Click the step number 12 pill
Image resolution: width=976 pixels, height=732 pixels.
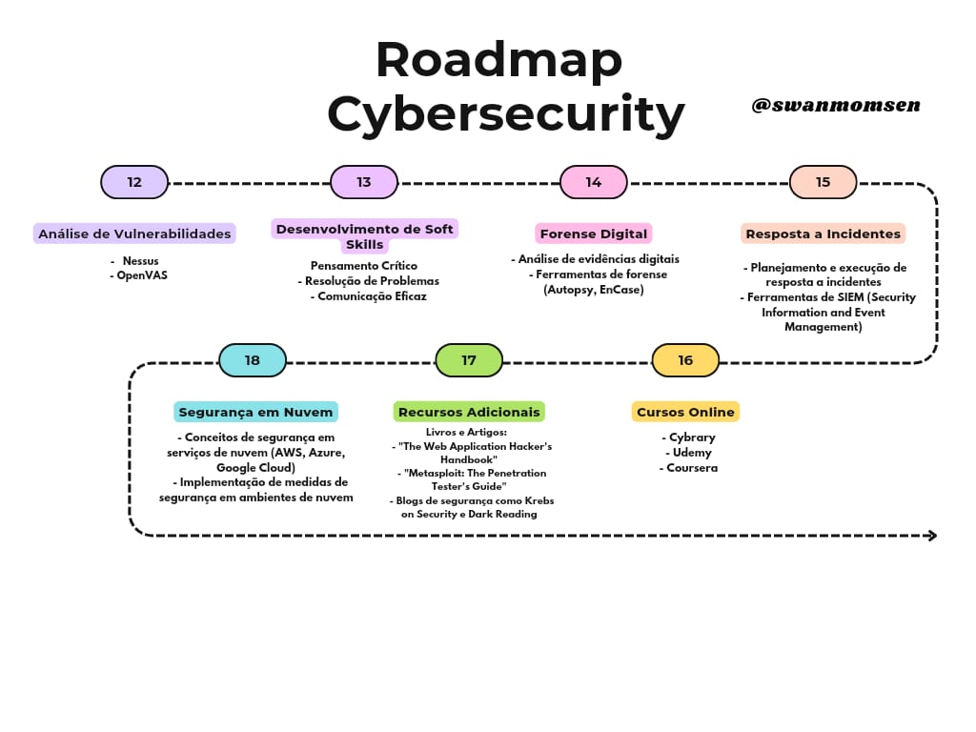[x=134, y=182]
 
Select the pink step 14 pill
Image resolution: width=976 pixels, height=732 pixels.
[x=594, y=182]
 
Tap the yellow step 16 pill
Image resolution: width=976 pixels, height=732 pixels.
[x=685, y=360]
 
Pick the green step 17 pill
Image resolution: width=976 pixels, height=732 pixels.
[x=469, y=360]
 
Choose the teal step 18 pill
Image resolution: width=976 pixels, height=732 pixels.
[x=253, y=360]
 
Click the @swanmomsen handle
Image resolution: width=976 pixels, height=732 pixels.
[x=835, y=105]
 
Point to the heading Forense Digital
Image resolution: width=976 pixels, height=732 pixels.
[x=593, y=234]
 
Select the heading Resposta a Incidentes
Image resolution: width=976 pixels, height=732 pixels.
[x=823, y=234]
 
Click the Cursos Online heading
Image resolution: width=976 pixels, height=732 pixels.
[x=685, y=412]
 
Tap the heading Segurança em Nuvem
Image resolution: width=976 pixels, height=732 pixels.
[x=255, y=412]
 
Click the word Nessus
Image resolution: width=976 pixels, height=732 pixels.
[x=140, y=259]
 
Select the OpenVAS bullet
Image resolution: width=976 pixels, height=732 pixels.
[x=141, y=275]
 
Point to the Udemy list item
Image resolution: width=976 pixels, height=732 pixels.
[x=689, y=453]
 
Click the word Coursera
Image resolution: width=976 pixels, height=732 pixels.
[x=689, y=468]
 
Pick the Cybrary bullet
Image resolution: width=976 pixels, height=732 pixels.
[x=689, y=437]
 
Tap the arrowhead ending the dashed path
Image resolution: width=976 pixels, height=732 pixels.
[x=932, y=536]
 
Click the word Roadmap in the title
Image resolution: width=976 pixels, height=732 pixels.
[x=498, y=60]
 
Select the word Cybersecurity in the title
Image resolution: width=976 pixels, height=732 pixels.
[x=506, y=114]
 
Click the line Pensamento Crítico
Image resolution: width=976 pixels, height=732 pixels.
[x=364, y=266]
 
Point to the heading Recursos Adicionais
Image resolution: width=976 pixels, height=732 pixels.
[x=469, y=412]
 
